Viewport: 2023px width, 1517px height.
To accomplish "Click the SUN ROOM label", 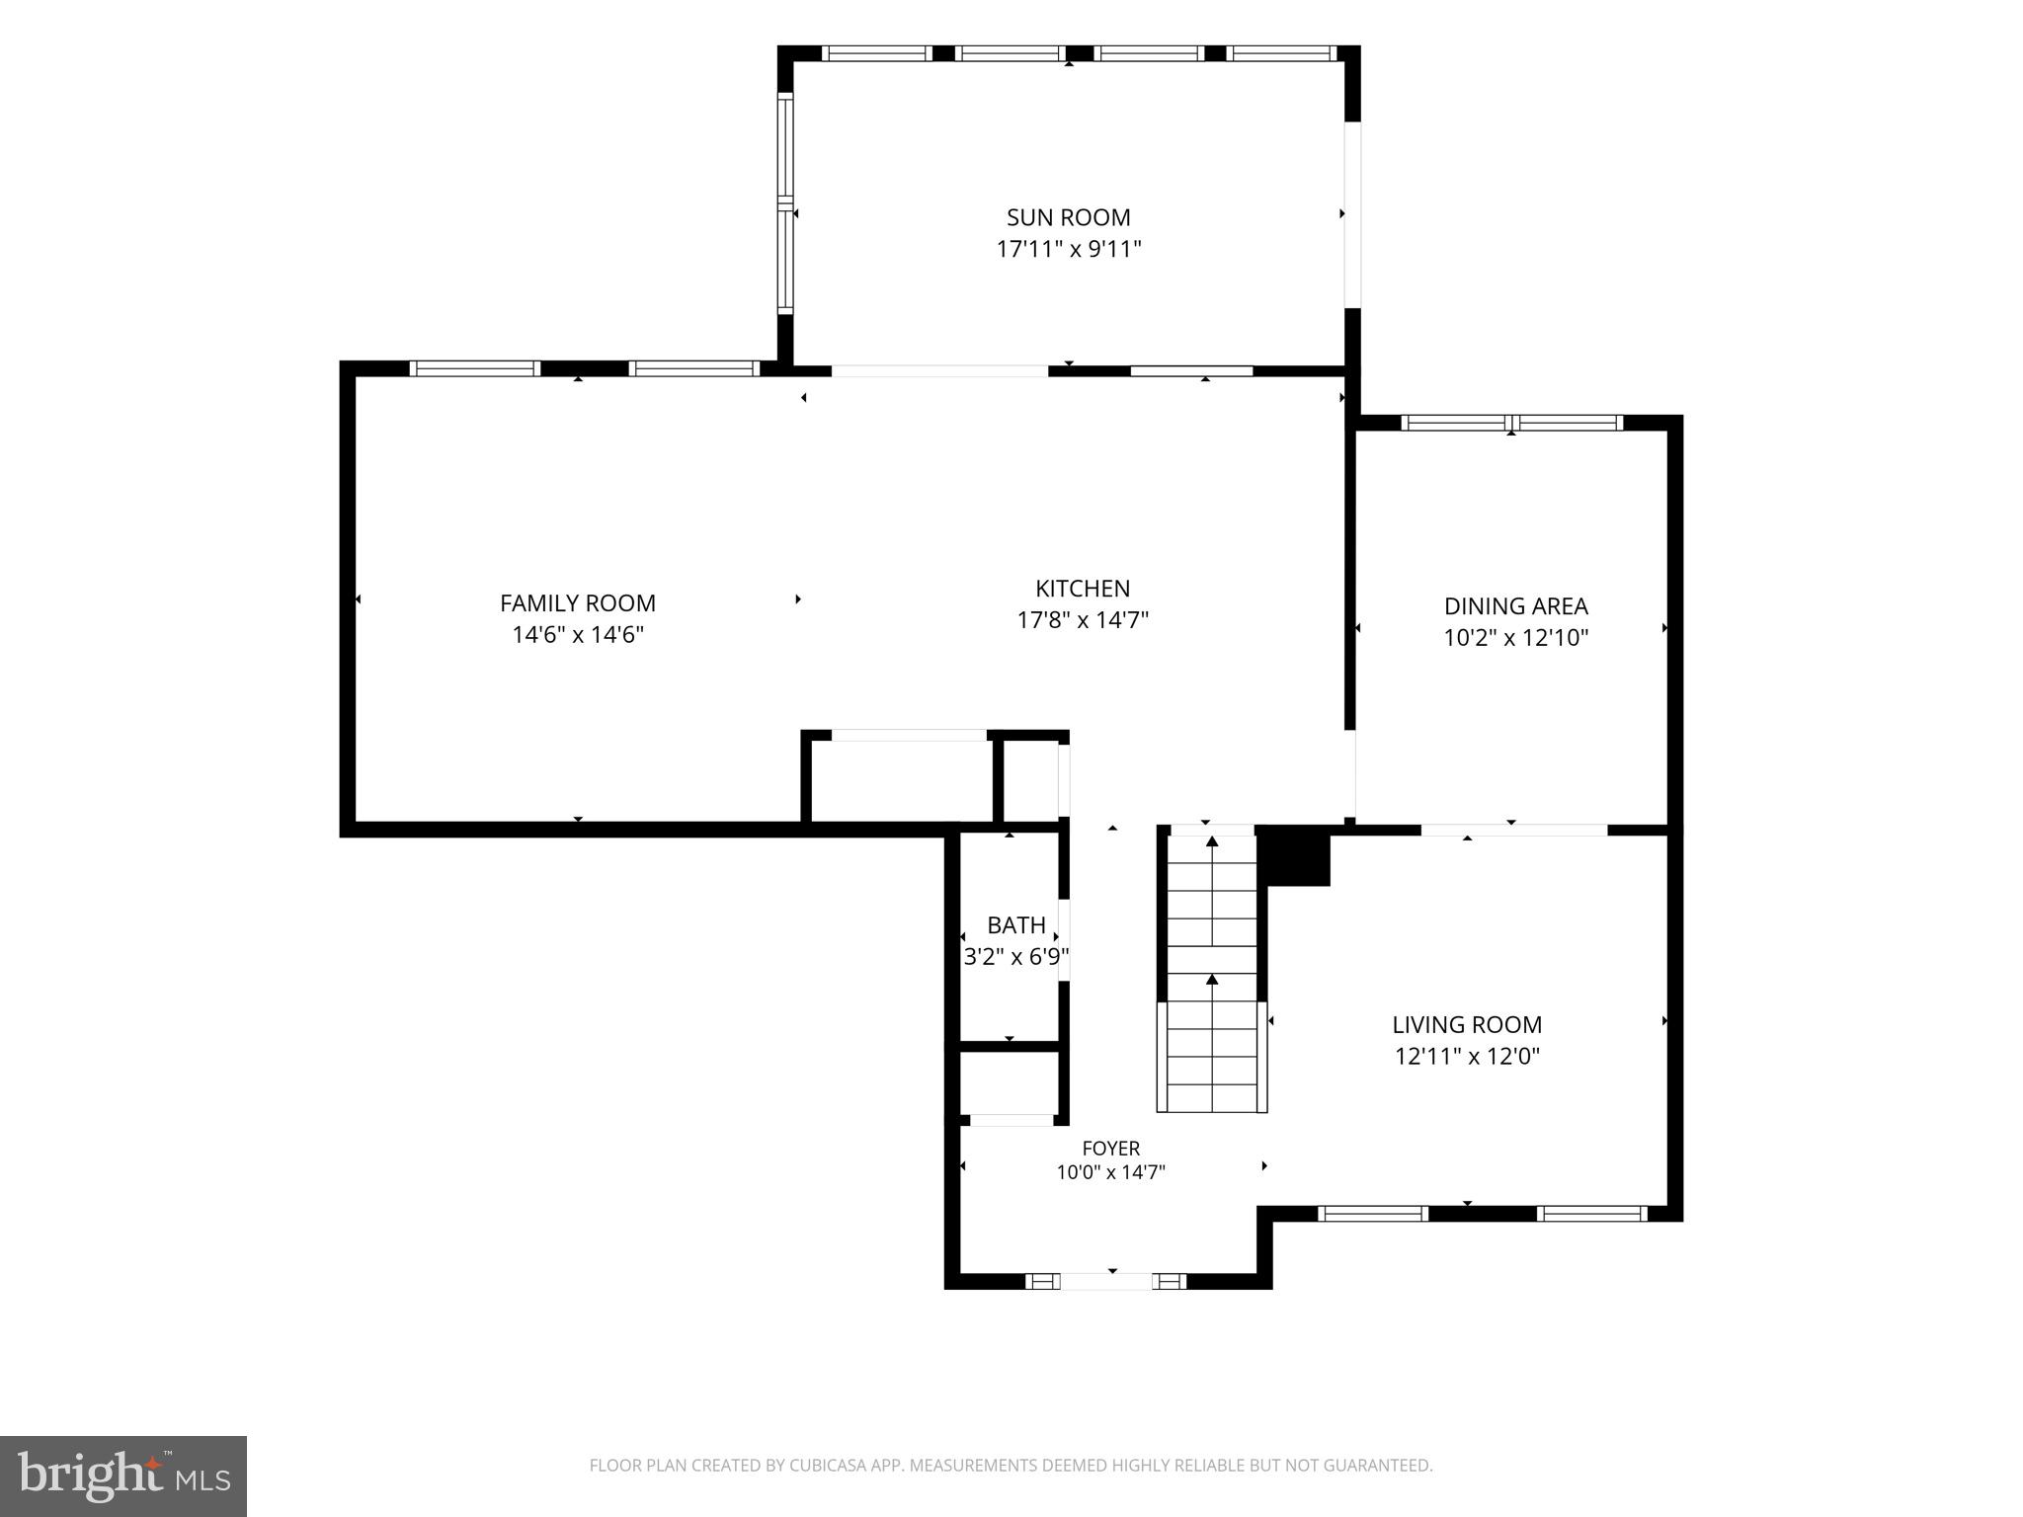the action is (1068, 217).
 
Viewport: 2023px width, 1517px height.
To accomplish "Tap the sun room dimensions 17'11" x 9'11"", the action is (1068, 249).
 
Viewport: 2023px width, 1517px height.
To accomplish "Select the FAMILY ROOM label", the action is (578, 602).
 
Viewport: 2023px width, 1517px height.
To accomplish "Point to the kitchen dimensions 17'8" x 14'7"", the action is (1083, 620).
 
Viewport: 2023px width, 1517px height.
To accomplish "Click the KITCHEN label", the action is (1083, 589).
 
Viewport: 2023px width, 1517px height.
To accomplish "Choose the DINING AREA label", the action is (1516, 606).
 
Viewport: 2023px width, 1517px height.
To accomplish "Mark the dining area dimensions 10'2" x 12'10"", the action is (1516, 638).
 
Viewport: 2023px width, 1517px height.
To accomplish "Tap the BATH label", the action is (1016, 925).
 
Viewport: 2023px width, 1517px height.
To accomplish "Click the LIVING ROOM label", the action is (1467, 1025).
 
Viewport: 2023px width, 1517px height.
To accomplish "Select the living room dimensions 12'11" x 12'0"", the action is (1467, 1057).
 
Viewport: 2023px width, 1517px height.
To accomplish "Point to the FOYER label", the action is (1111, 1149).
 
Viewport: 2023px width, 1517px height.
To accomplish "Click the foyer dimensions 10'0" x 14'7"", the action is (1111, 1173).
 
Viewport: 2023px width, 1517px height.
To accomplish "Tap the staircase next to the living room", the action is (1212, 972).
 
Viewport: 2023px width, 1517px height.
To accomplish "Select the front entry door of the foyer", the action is (1106, 1282).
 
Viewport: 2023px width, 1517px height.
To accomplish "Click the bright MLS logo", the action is (123, 1477).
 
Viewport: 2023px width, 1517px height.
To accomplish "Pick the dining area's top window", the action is (1511, 424).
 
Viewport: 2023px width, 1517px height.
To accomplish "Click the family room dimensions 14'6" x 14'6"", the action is (578, 634).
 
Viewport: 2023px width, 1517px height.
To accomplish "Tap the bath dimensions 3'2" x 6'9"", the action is (1016, 957).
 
